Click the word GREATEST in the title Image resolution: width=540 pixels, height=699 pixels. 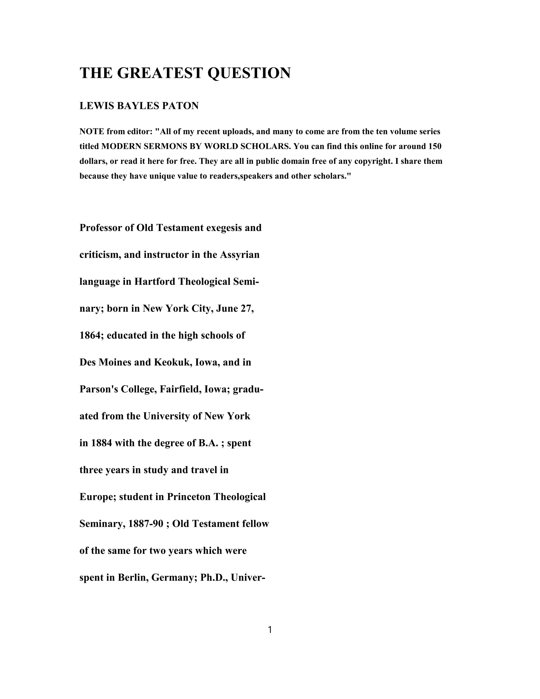160,73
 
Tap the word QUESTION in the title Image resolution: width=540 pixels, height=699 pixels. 249,73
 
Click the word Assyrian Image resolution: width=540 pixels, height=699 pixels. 240,255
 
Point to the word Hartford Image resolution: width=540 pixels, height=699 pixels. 155,282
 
